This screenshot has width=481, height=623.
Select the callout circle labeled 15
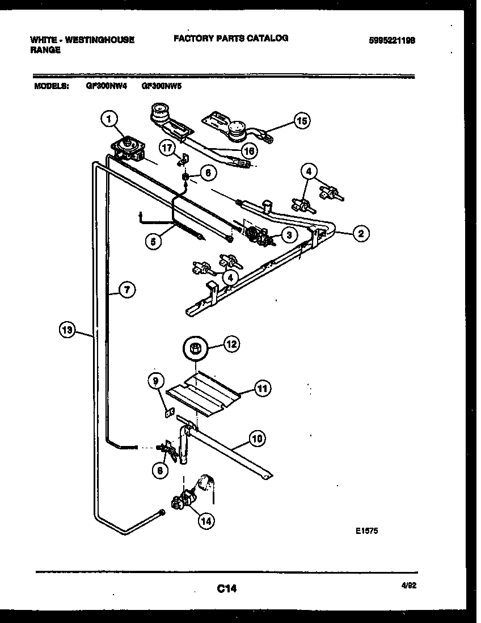click(302, 120)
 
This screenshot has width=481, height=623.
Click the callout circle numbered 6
click(208, 174)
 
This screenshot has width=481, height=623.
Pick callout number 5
click(152, 241)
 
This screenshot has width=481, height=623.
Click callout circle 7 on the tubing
click(127, 290)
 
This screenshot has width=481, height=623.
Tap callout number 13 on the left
click(67, 330)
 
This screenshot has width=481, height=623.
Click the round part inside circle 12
click(196, 348)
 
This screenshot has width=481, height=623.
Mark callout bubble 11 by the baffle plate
click(262, 389)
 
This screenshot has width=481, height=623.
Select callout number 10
click(257, 438)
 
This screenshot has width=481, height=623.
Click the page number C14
click(226, 590)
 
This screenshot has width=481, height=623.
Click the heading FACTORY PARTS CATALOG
click(230, 38)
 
